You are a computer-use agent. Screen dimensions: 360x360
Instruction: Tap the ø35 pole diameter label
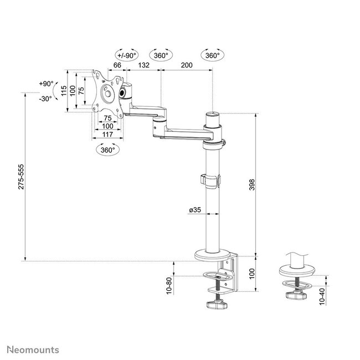coord(194,210)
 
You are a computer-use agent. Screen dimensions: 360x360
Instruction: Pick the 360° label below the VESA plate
coord(106,150)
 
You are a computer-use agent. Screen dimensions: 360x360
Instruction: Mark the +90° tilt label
coord(47,84)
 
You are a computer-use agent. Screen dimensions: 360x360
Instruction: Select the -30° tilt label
coord(45,99)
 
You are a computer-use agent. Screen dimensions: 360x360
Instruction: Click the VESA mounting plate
coord(105,92)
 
